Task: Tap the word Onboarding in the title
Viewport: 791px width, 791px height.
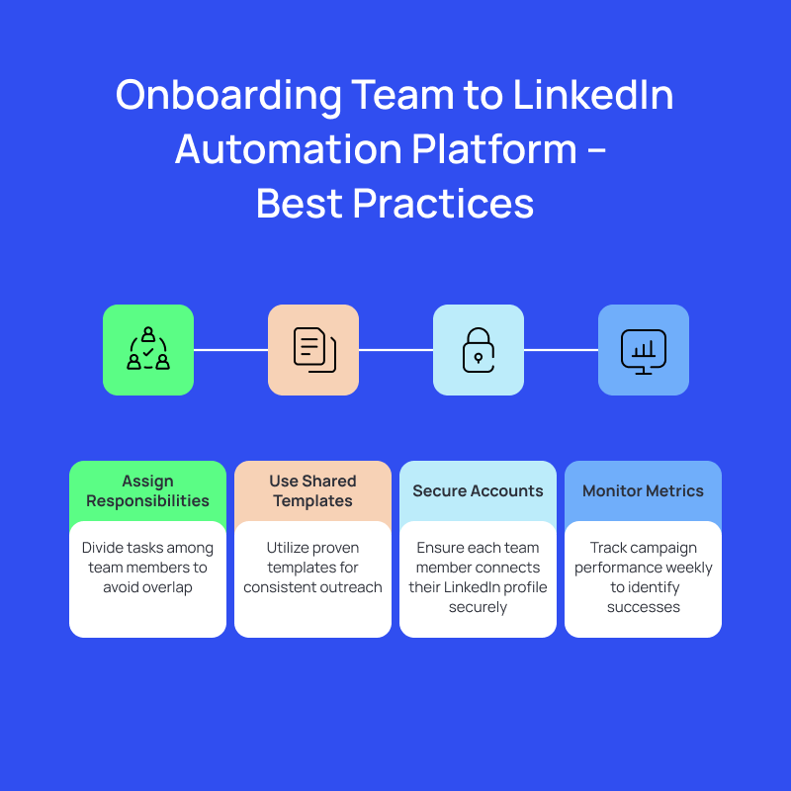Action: (x=228, y=96)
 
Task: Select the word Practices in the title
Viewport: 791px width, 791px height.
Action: (x=443, y=204)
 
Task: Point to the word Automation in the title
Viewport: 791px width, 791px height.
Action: (x=289, y=149)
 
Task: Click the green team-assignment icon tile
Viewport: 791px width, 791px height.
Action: (x=148, y=350)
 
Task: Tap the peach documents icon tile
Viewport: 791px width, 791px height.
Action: (x=313, y=350)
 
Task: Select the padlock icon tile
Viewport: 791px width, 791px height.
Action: (x=479, y=350)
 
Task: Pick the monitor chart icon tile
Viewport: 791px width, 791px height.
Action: (x=644, y=350)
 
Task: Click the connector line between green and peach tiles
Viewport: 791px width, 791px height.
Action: (x=230, y=350)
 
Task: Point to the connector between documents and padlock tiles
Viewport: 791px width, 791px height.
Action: (x=395, y=350)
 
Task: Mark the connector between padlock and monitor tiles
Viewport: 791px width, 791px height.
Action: (x=561, y=350)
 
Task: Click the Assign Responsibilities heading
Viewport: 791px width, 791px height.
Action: (x=147, y=490)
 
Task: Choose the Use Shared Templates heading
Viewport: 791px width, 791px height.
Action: (x=312, y=490)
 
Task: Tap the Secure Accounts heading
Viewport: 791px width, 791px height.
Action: (x=478, y=490)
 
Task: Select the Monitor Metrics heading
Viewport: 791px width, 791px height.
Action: (x=644, y=490)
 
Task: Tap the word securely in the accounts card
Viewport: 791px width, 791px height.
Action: (x=478, y=607)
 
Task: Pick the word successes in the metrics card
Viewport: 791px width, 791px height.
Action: (x=644, y=607)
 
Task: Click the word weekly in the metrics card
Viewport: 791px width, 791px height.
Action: (x=688, y=568)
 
